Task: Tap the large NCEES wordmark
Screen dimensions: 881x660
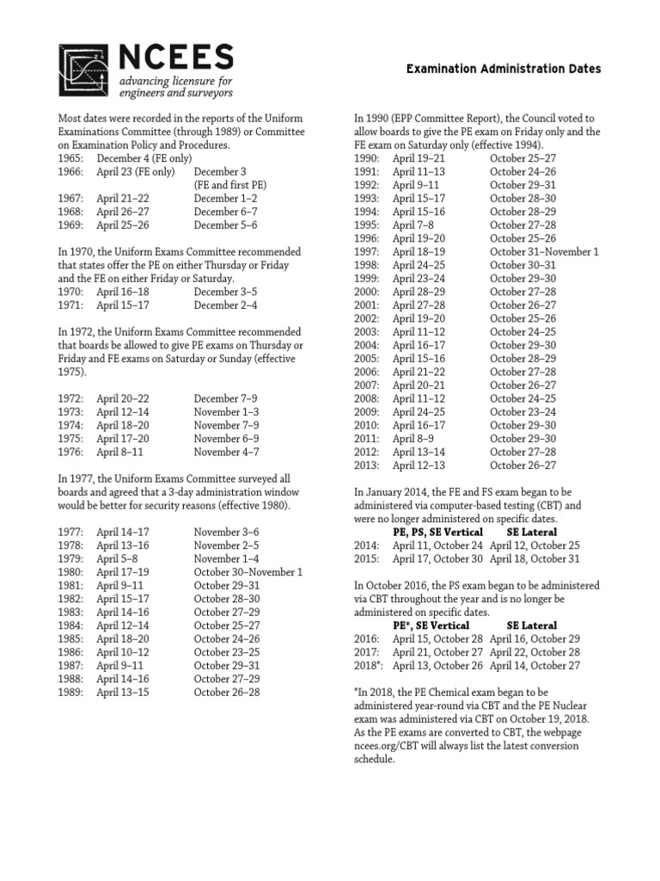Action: coord(175,58)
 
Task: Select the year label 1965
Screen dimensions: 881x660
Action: coord(71,158)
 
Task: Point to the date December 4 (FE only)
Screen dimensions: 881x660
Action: coord(144,158)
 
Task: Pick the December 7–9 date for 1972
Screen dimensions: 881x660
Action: coord(224,397)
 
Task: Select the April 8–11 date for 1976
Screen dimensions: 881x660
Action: coord(121,451)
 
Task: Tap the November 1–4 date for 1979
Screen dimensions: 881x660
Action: coord(224,558)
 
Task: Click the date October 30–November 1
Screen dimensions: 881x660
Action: coord(247,571)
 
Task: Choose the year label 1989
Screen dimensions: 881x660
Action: coord(71,692)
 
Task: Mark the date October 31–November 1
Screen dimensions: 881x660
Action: coord(544,252)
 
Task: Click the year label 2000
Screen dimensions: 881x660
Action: coord(367,292)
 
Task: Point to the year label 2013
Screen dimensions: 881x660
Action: coord(367,465)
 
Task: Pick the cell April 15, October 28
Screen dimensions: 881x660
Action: coord(437,638)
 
